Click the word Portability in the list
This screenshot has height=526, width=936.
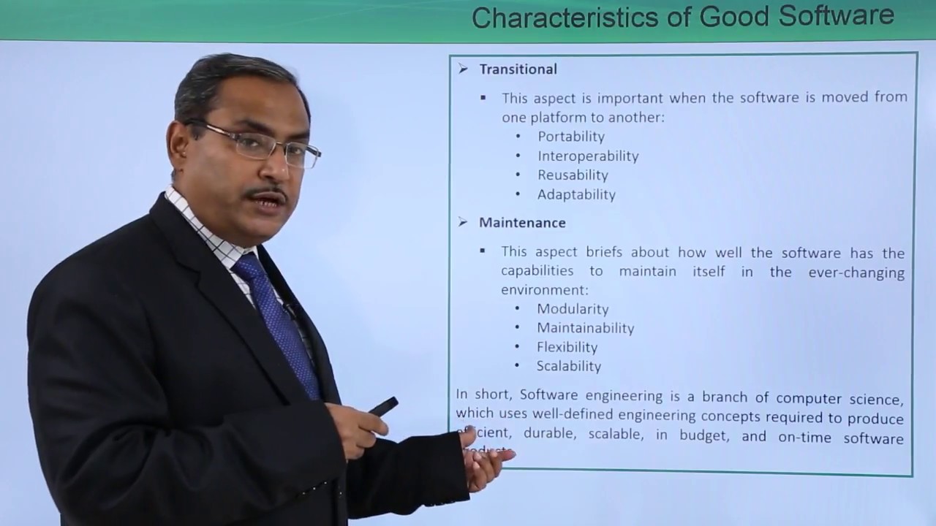(x=571, y=137)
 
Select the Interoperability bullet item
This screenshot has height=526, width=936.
(x=588, y=156)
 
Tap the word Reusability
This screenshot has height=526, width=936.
(x=573, y=175)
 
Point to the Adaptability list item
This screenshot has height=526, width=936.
(x=576, y=194)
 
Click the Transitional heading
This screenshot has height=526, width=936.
(x=518, y=69)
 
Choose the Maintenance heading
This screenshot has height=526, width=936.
(x=522, y=223)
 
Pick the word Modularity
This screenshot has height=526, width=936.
(x=573, y=309)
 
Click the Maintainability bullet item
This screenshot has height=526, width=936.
(x=585, y=328)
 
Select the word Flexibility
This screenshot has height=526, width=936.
(x=567, y=347)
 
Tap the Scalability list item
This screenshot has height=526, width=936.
(x=568, y=366)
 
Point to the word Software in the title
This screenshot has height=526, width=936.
(x=836, y=16)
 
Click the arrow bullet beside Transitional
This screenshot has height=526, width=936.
(x=463, y=69)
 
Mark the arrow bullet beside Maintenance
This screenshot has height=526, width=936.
(x=463, y=222)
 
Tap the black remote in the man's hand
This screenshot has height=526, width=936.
(x=383, y=407)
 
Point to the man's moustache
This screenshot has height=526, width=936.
(x=266, y=194)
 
